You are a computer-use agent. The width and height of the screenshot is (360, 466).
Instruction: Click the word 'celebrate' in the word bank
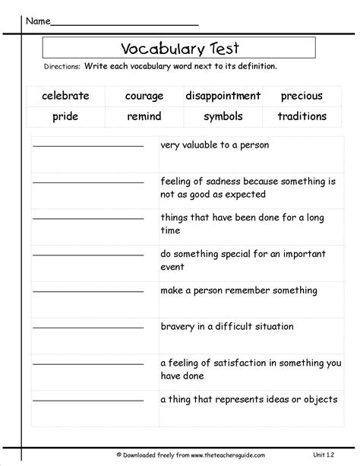66,96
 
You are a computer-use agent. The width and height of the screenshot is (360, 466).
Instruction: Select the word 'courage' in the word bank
144,96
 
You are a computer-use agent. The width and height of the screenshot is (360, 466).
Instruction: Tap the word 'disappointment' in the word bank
223,96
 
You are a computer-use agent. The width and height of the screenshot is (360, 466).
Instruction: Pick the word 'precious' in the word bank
302,96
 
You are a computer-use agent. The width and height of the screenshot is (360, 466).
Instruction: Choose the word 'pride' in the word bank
65,117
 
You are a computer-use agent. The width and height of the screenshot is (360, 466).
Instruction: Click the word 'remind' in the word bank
144,117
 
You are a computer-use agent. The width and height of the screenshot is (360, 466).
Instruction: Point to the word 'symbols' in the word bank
223,117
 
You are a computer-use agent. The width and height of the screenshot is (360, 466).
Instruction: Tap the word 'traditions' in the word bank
302,117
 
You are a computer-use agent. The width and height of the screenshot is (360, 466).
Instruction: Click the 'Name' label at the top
39,19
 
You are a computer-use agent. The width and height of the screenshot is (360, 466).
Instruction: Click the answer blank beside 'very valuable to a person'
89,146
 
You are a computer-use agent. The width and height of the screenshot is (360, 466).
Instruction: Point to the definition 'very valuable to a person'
214,144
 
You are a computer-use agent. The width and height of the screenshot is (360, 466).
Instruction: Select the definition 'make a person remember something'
229,290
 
